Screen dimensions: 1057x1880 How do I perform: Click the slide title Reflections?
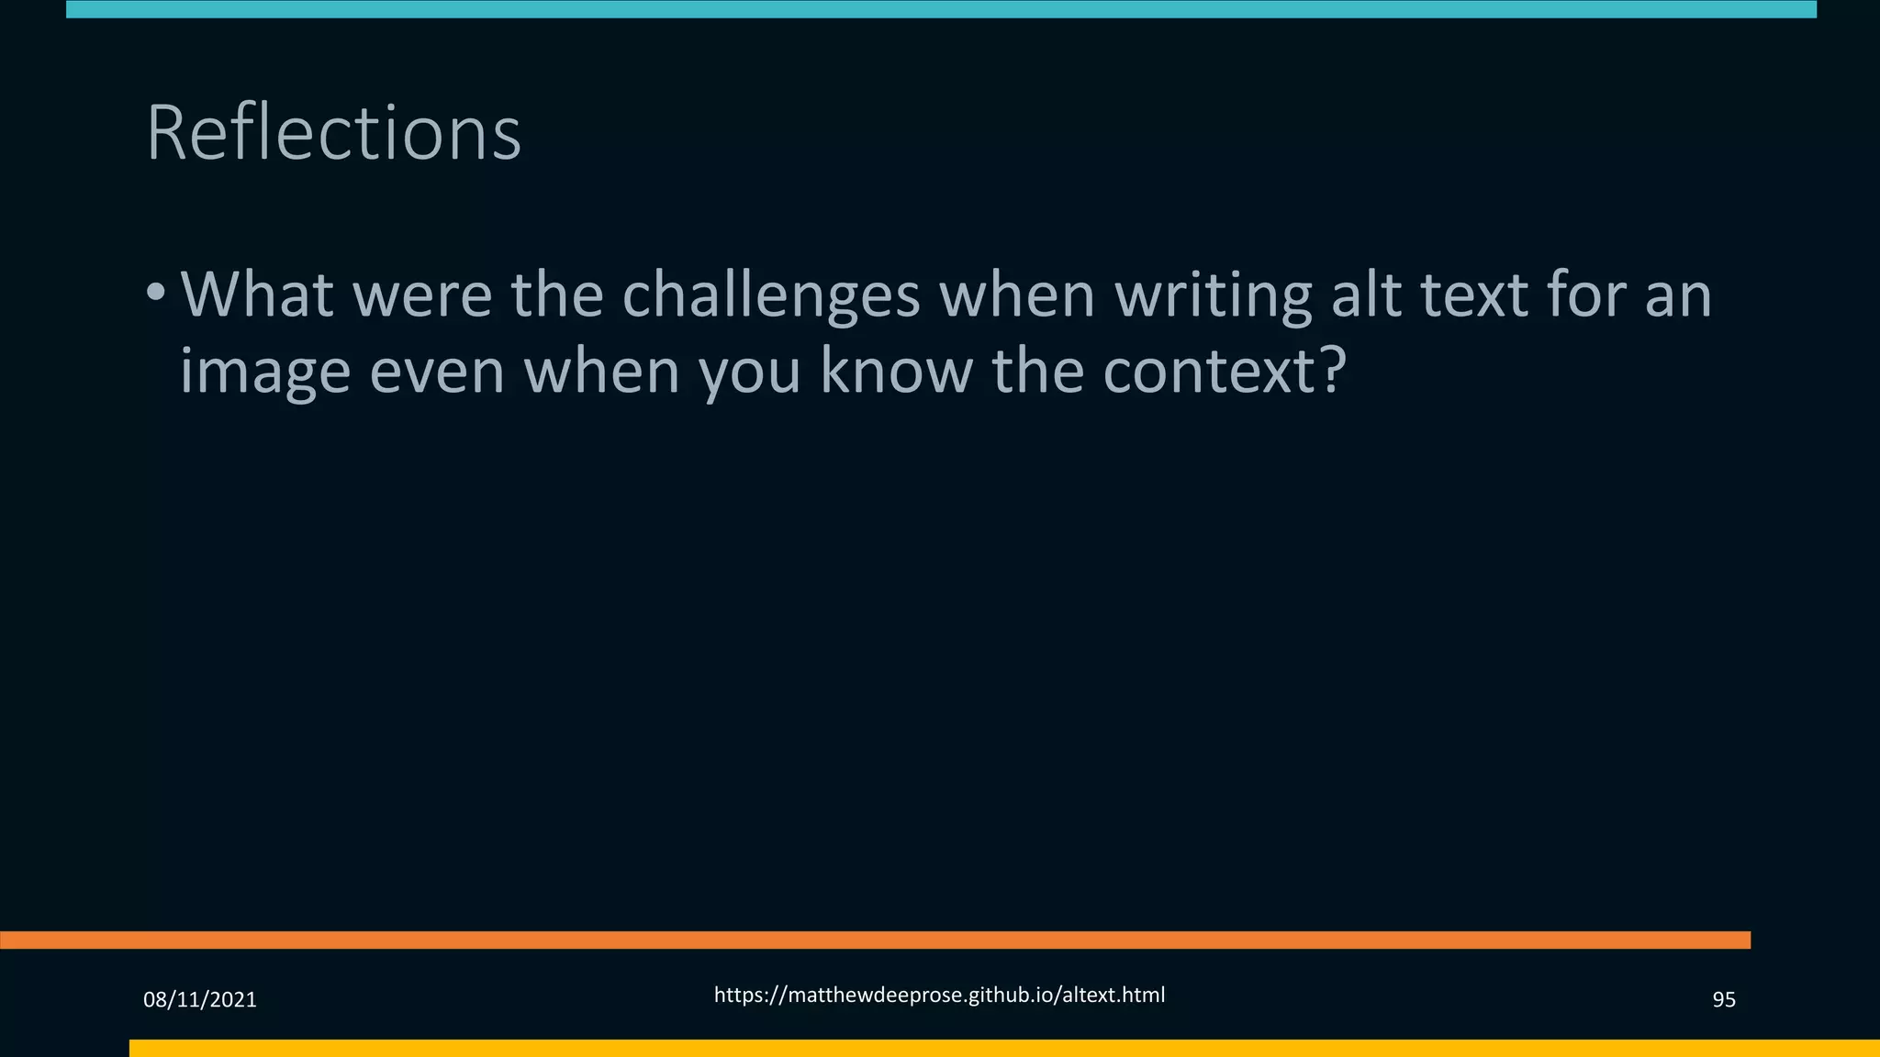(x=333, y=134)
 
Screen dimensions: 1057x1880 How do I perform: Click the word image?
(x=264, y=373)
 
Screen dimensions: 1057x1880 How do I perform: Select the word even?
(x=437, y=373)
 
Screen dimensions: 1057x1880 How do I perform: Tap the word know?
(x=896, y=371)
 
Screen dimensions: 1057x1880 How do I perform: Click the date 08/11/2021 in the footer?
(x=200, y=999)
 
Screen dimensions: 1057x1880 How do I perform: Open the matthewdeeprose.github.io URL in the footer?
(x=939, y=995)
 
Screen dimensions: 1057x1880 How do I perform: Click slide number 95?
(x=1723, y=999)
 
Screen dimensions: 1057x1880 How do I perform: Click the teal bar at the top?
(x=940, y=9)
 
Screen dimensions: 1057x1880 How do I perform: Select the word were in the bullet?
(x=421, y=295)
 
